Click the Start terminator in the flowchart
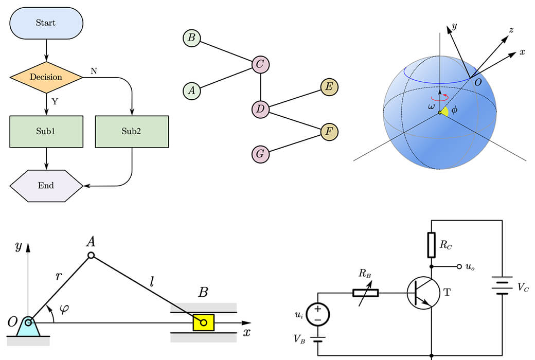point(46,23)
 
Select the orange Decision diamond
point(46,78)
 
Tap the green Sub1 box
point(46,132)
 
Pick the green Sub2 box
point(132,132)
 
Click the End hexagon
point(46,186)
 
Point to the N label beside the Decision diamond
point(94,71)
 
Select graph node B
point(192,38)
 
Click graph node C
point(260,64)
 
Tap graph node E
point(329,87)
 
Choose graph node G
point(260,154)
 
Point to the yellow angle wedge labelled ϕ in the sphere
point(444,110)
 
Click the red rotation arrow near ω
point(440,98)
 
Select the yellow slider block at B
point(204,322)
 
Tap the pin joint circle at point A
point(91,255)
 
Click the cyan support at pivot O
point(28,327)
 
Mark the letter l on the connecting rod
point(152,281)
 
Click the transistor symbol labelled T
point(424,293)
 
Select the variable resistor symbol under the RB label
point(365,293)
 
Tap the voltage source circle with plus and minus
point(318,315)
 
